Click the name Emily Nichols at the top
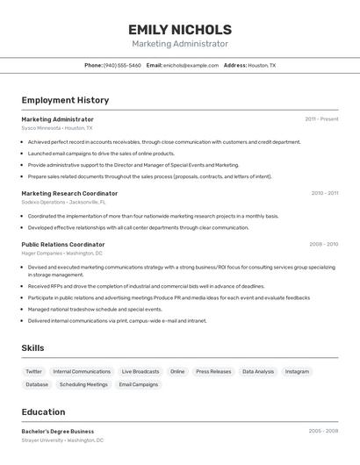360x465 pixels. [179, 30]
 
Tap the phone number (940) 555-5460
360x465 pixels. [122, 65]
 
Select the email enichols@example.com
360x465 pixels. [191, 65]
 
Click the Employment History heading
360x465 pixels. [65, 100]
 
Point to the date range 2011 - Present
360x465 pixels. [321, 119]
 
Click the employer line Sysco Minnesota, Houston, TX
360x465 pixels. [57, 128]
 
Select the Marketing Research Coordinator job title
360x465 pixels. [69, 193]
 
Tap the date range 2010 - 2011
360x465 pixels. [324, 193]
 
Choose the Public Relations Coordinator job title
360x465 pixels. [63, 245]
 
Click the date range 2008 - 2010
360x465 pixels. [323, 245]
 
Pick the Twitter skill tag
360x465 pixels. [33, 371]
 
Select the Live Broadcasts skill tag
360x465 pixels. [140, 371]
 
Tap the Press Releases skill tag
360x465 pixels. [213, 371]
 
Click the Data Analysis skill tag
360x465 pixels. [258, 371]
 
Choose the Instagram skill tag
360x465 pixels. [297, 371]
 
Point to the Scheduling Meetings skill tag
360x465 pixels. [83, 384]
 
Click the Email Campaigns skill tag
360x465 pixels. [139, 384]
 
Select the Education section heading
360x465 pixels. [43, 411]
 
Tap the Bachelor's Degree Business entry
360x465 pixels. [58, 432]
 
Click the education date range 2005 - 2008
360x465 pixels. [323, 432]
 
